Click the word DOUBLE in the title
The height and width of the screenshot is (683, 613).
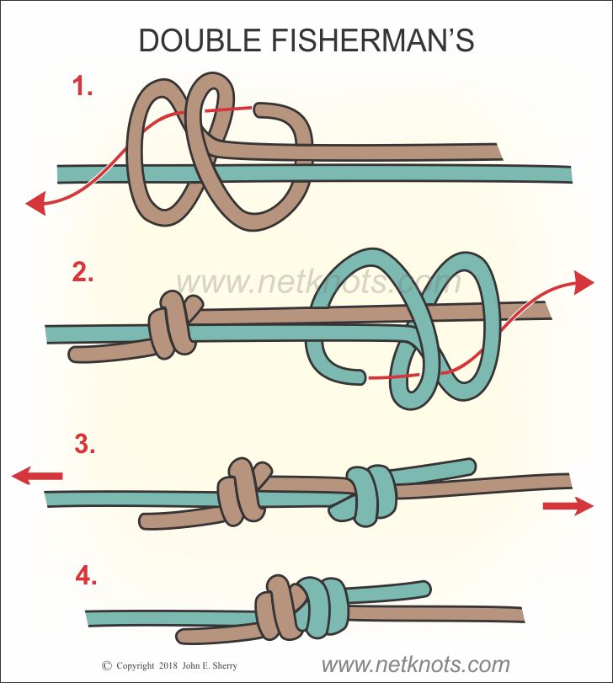pos(200,40)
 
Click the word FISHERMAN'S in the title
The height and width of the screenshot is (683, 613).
pos(373,40)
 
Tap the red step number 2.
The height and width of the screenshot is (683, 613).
pos(83,272)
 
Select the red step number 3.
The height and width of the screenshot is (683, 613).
pos(84,445)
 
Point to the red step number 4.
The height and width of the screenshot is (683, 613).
pos(86,577)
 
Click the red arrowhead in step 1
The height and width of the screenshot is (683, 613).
pos(36,204)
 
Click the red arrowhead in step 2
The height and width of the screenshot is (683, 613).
pos(583,282)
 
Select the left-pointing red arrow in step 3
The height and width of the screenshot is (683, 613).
pos(37,475)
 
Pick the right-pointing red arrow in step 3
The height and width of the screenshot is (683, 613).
pos(568,505)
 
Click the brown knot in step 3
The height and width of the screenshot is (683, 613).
pos(244,491)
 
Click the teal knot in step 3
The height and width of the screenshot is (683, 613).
pos(366,495)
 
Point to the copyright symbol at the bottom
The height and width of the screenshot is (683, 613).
pos(107,665)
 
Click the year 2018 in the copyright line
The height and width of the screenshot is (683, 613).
pos(168,665)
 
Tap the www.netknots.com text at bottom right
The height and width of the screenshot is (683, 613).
pos(415,664)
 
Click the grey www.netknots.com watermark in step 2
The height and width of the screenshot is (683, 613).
pos(318,282)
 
